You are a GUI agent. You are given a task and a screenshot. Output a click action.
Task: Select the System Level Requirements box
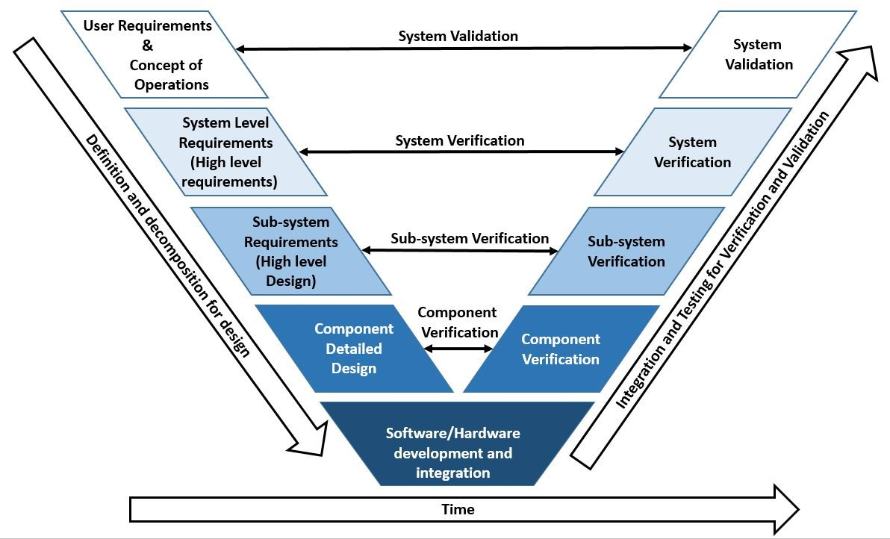pyautogui.click(x=225, y=152)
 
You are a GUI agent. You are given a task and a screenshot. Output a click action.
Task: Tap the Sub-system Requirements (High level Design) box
pyautogui.click(x=291, y=252)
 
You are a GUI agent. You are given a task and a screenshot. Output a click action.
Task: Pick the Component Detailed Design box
pyautogui.click(x=354, y=349)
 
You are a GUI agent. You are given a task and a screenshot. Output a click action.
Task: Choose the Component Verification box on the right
pyautogui.click(x=561, y=349)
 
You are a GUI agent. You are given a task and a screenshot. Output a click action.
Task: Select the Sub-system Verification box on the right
pyautogui.click(x=626, y=252)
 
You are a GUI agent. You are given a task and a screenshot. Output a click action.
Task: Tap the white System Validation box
pyautogui.click(x=757, y=55)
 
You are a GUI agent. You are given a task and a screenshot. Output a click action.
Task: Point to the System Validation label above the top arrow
pyautogui.click(x=458, y=36)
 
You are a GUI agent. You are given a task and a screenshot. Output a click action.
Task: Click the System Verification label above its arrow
pyautogui.click(x=460, y=140)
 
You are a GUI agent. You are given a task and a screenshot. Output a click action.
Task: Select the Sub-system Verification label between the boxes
pyautogui.click(x=470, y=238)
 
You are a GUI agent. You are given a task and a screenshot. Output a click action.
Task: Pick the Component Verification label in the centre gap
pyautogui.click(x=457, y=323)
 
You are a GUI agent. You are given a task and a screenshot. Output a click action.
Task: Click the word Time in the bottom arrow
pyautogui.click(x=458, y=510)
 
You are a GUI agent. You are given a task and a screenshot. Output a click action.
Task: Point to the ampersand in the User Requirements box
pyautogui.click(x=148, y=46)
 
